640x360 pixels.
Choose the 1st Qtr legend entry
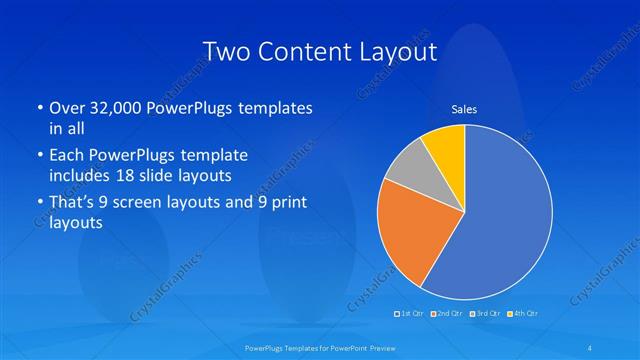click(410, 314)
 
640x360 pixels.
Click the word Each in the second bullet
click(66, 157)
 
